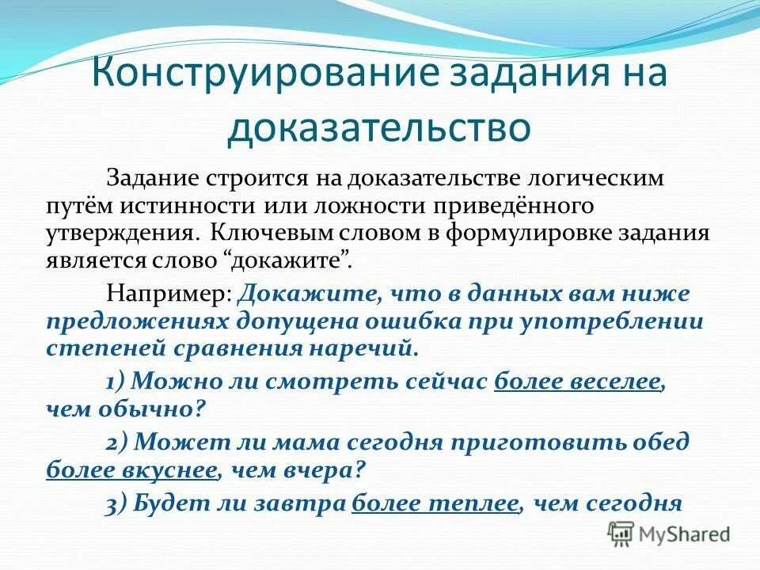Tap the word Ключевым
tap(271, 234)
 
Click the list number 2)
tap(118, 442)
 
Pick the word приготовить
tap(533, 442)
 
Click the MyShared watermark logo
tap(670, 534)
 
